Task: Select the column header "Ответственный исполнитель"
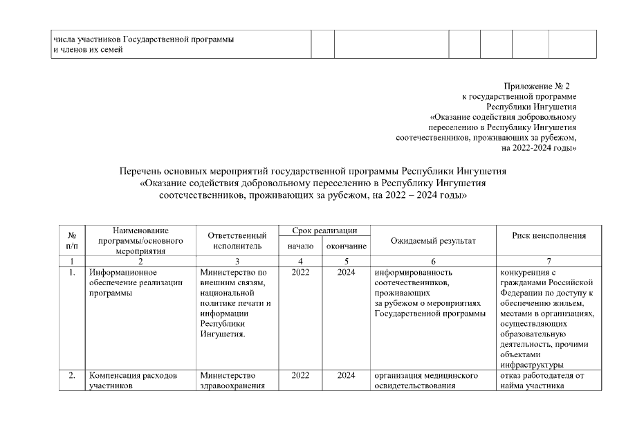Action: pos(237,240)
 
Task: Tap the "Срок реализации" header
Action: pos(324,230)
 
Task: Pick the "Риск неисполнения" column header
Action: pos(549,235)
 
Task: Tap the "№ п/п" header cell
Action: pos(71,240)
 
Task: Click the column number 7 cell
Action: pos(549,261)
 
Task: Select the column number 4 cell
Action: pos(301,261)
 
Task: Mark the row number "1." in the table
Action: pos(71,273)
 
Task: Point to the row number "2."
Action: pos(71,376)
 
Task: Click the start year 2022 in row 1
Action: pos(301,273)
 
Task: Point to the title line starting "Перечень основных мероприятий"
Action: pos(313,171)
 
